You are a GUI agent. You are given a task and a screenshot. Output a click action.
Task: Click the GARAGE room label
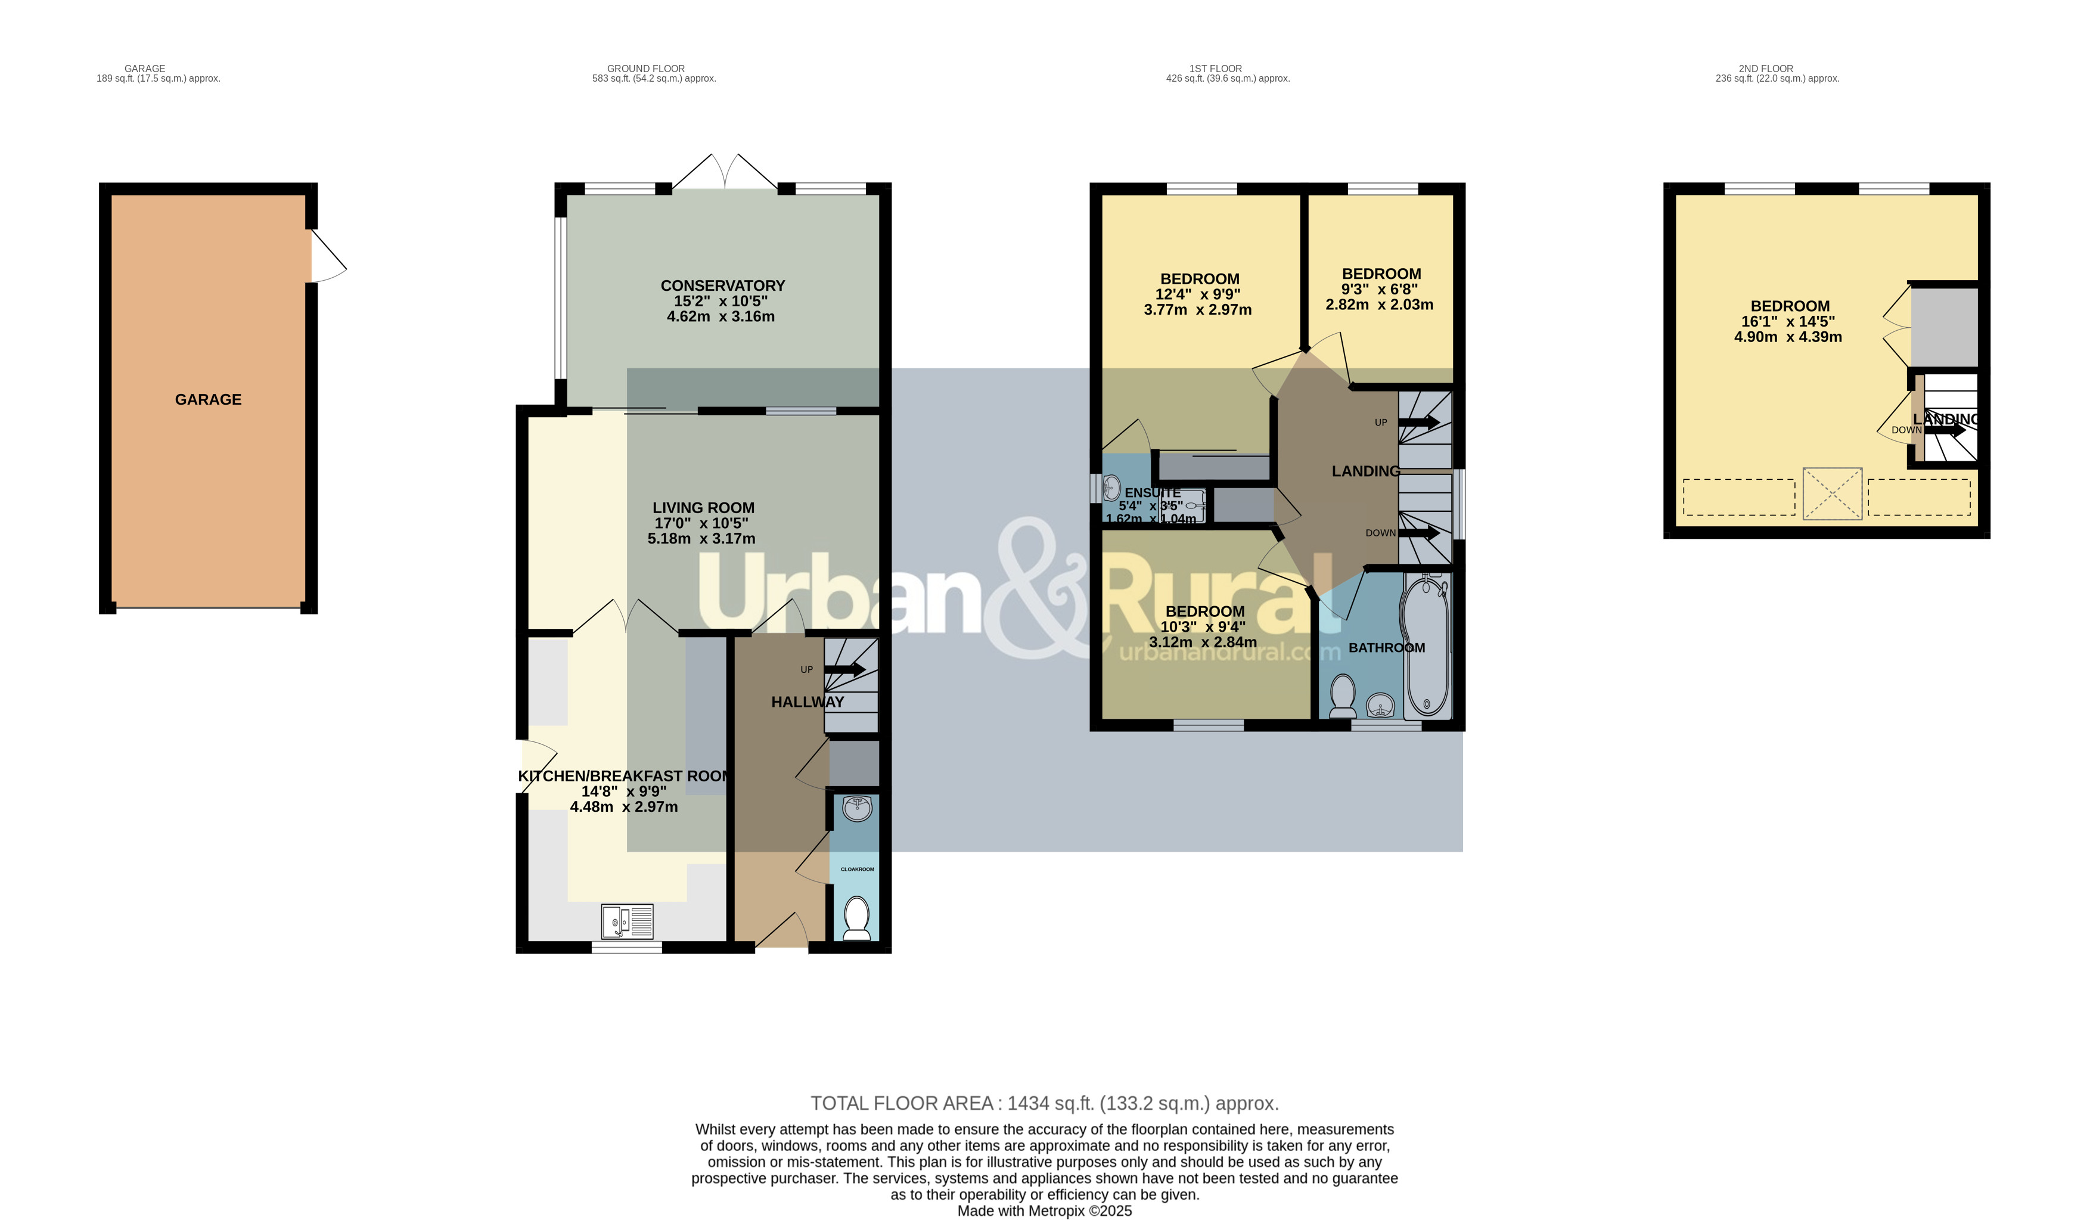208,400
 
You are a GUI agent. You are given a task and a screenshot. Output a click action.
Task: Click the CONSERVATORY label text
722,285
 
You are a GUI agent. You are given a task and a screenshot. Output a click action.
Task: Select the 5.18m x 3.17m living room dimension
701,539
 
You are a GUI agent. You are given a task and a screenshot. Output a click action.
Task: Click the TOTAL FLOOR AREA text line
1044,1103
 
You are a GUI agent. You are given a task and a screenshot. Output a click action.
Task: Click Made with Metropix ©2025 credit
1044,1211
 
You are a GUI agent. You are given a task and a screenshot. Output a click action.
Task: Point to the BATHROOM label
1386,648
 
